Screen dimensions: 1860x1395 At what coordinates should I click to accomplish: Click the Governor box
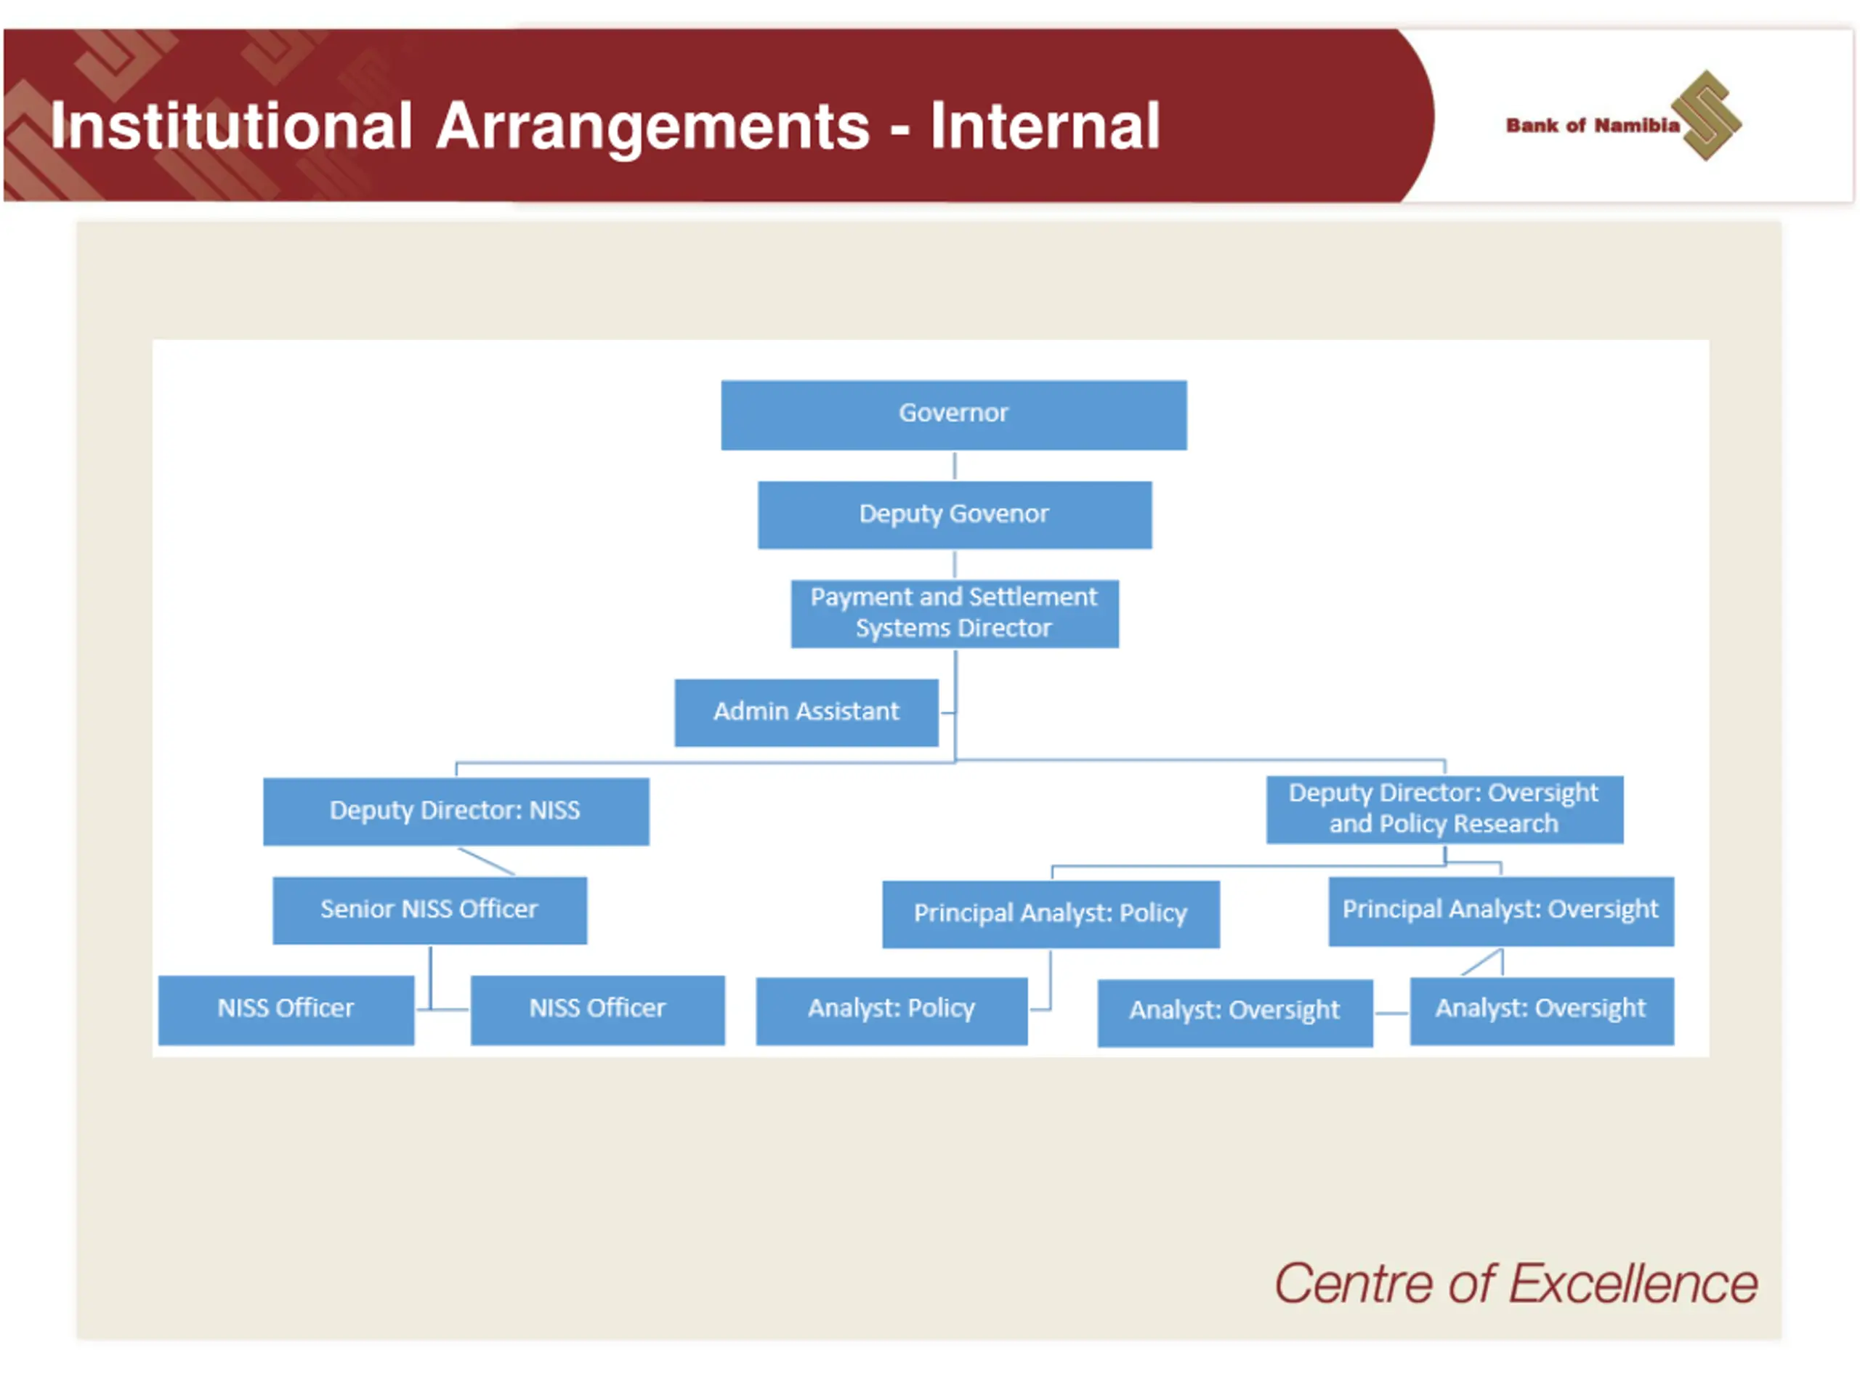point(953,415)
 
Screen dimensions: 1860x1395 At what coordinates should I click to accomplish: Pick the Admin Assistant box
point(806,712)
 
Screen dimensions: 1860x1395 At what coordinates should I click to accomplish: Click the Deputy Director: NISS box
point(456,811)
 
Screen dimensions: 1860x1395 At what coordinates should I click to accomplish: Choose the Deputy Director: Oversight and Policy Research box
point(1444,809)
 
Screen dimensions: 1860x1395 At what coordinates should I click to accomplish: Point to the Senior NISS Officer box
point(429,910)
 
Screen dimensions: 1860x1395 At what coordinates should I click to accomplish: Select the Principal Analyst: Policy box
point(1050,914)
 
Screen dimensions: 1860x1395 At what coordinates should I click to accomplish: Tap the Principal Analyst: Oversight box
point(1500,910)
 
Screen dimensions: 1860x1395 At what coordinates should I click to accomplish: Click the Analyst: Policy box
point(891,1010)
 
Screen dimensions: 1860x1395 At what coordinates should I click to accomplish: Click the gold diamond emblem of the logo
point(1706,116)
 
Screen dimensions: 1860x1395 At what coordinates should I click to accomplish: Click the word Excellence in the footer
point(1632,1285)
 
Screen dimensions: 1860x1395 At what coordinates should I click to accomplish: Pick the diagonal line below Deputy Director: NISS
point(486,861)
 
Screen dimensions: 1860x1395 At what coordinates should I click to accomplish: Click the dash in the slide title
point(899,129)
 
